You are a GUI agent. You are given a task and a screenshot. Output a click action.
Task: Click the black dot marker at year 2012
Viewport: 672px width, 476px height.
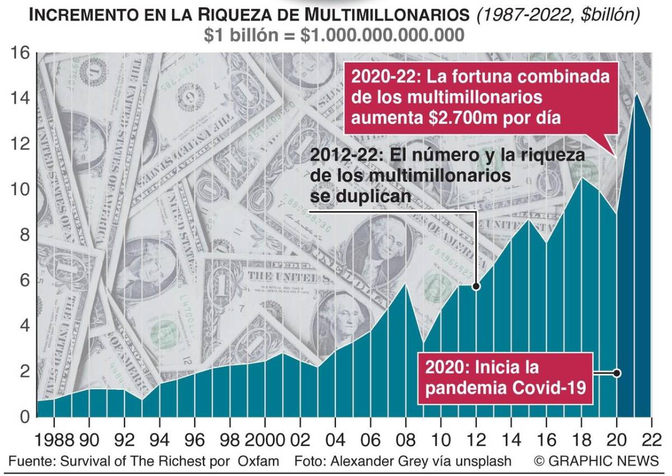tap(476, 286)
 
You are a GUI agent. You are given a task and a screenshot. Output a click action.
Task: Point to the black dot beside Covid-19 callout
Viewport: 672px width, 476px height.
tap(617, 373)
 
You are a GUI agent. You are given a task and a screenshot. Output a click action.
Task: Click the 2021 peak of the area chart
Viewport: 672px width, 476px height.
tap(635, 94)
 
